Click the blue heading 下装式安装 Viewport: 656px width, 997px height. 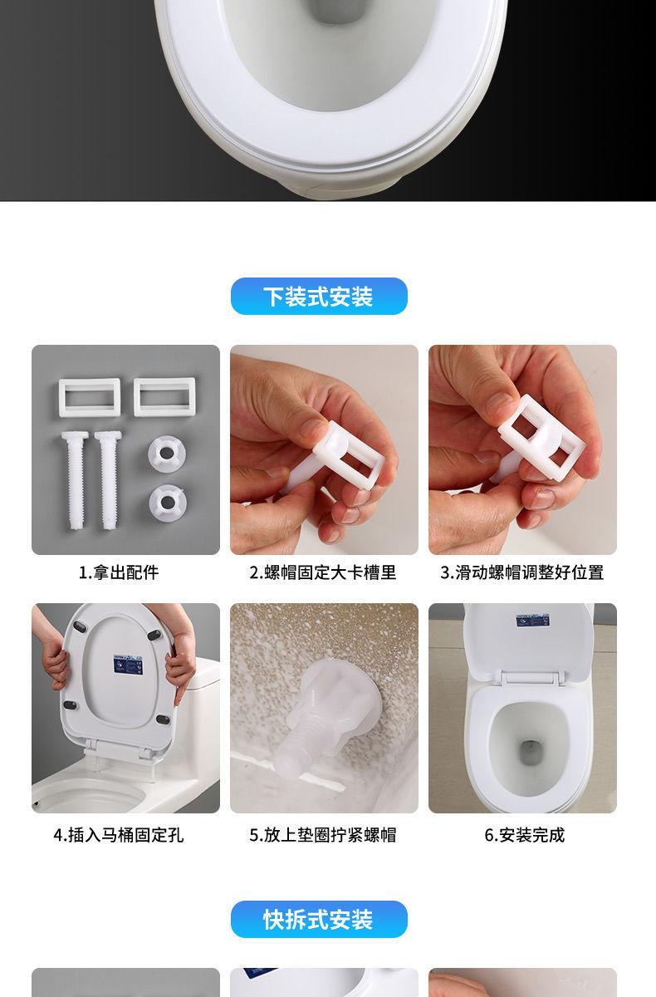coord(318,297)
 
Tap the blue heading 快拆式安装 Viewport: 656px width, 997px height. coord(318,920)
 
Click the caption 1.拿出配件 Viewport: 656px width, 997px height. coord(118,572)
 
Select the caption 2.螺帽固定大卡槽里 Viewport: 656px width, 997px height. coord(323,572)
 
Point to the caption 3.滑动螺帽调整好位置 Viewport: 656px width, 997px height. coord(522,572)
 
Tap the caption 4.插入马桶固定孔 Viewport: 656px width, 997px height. coord(118,835)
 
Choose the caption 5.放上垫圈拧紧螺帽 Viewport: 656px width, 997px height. coord(323,835)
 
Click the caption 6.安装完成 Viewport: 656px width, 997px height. coord(525,835)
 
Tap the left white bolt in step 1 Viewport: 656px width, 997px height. coord(74,481)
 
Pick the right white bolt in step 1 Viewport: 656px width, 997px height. coord(108,481)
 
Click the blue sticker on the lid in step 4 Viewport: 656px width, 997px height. coord(128,665)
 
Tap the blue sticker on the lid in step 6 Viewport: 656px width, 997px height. coord(533,620)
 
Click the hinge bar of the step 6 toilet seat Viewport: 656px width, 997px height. coord(529,678)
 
